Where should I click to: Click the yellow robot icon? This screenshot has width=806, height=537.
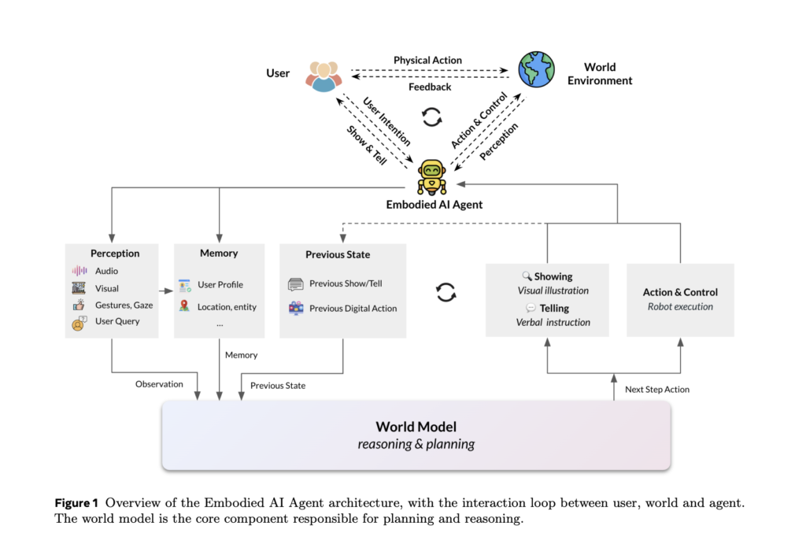tap(431, 176)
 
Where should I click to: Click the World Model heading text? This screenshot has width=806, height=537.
tap(416, 427)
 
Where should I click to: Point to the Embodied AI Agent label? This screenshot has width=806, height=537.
tap(434, 205)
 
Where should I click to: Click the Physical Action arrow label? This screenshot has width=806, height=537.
tap(427, 60)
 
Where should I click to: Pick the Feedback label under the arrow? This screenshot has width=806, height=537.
tap(430, 87)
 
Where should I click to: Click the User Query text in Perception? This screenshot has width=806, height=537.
tap(117, 321)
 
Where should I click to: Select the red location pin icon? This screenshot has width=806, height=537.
tap(183, 306)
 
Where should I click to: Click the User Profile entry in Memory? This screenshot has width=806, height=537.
tap(220, 284)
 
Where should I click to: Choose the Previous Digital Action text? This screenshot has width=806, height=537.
tap(353, 308)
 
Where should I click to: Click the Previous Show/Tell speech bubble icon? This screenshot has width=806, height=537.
tap(296, 283)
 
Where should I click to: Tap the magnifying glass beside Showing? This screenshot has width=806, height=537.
tap(527, 276)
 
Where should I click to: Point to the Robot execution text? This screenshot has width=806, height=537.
tap(680, 307)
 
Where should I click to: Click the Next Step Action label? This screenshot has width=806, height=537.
tap(657, 389)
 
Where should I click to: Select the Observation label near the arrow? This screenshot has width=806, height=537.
tap(159, 384)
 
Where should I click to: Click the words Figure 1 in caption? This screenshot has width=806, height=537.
tap(76, 502)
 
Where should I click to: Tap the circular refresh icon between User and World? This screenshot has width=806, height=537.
tap(431, 118)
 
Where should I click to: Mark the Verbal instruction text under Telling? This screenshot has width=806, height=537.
tap(553, 322)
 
